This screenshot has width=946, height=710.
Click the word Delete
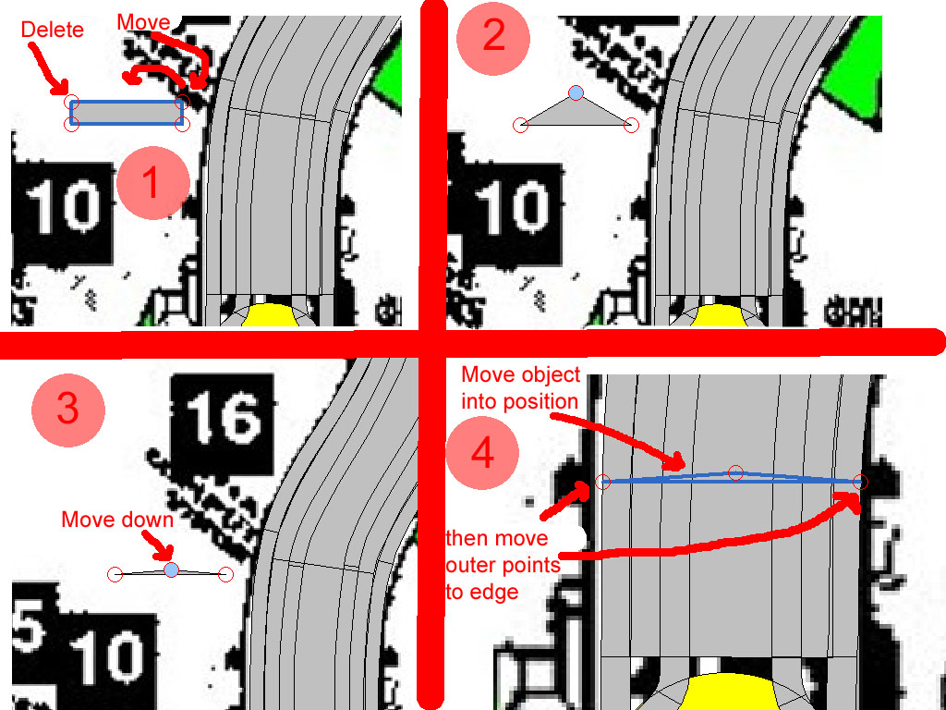click(x=52, y=30)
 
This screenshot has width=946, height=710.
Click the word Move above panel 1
click(x=143, y=22)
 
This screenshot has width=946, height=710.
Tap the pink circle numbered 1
click(x=153, y=182)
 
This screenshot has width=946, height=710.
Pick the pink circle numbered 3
click(x=68, y=410)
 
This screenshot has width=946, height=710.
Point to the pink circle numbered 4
click(x=482, y=453)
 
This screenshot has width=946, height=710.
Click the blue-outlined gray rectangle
click(x=127, y=113)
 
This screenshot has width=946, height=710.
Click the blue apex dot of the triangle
click(x=576, y=93)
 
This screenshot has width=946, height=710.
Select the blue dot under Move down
click(x=171, y=569)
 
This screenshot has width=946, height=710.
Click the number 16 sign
click(x=223, y=418)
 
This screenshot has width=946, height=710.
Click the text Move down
click(x=117, y=520)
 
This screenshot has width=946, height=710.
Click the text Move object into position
click(x=521, y=387)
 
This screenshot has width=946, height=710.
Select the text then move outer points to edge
click(x=503, y=565)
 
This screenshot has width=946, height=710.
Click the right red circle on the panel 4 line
click(x=861, y=482)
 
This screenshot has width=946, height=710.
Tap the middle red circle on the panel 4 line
click(x=734, y=472)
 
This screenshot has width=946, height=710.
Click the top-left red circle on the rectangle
click(x=72, y=102)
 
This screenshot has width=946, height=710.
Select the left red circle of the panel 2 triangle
click(x=521, y=125)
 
